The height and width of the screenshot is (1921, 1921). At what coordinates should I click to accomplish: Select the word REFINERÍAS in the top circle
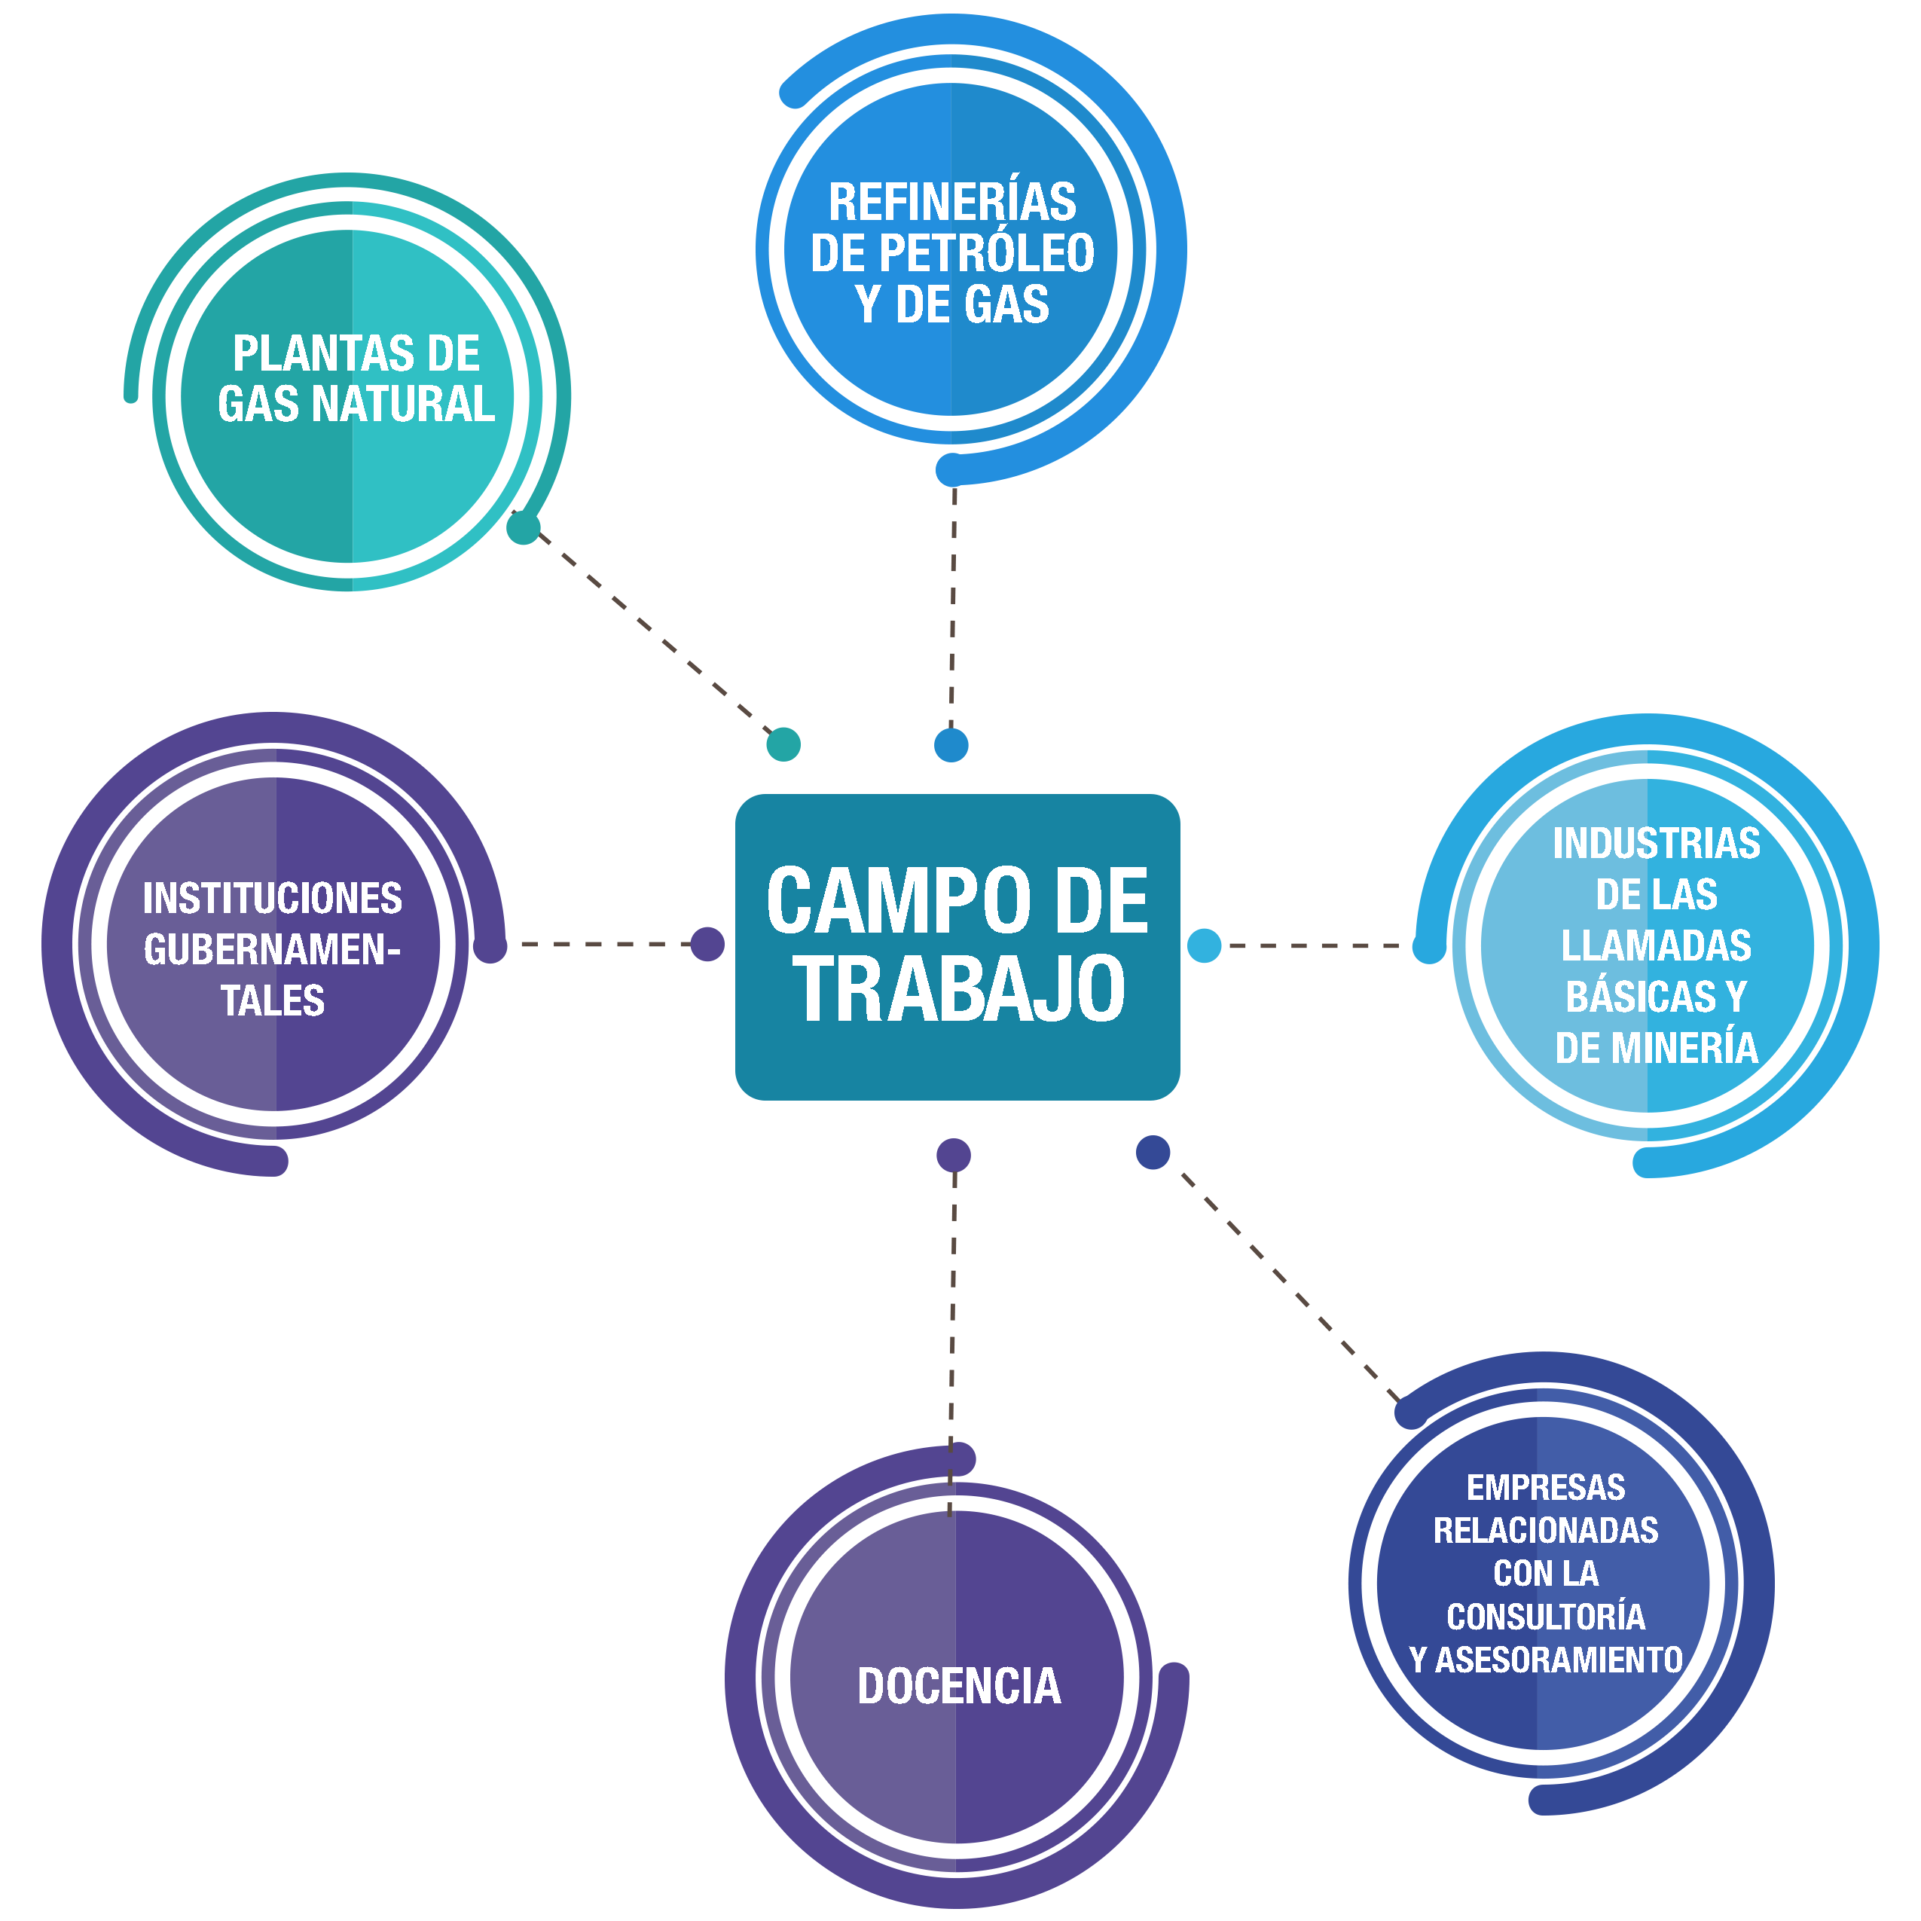pyautogui.click(x=952, y=202)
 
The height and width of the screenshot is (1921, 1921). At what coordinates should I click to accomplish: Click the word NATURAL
pyautogui.click(x=403, y=404)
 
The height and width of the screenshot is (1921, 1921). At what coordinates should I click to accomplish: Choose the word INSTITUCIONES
pyautogui.click(x=273, y=898)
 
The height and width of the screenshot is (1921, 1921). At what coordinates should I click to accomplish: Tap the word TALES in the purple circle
pyautogui.click(x=273, y=1000)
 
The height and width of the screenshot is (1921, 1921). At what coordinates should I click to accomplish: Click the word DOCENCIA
pyautogui.click(x=958, y=1687)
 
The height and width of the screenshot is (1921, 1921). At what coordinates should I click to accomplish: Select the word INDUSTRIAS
pyautogui.click(x=1657, y=843)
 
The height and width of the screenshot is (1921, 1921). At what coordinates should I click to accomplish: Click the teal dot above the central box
pyautogui.click(x=783, y=744)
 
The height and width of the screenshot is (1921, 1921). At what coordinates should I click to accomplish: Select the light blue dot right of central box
pyautogui.click(x=1204, y=945)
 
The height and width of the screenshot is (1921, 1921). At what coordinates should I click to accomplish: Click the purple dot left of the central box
pyautogui.click(x=707, y=944)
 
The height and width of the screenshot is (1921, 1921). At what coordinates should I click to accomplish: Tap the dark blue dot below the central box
pyautogui.click(x=1153, y=1153)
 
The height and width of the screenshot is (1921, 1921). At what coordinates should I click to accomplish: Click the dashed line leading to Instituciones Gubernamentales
pyautogui.click(x=597, y=944)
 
